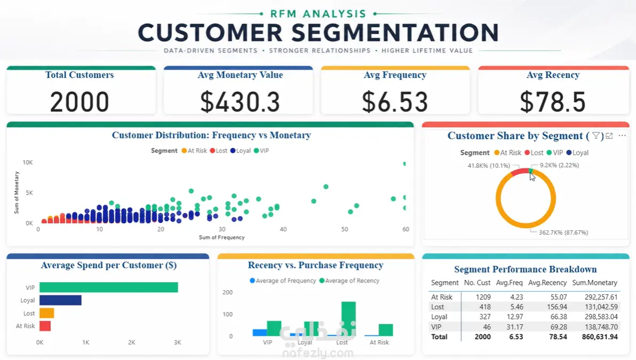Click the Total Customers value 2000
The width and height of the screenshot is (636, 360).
[x=79, y=102]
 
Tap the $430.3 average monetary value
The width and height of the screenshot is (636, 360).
[x=240, y=102]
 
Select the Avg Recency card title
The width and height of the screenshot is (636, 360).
[x=553, y=75]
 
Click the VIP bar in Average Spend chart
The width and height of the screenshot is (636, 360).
[x=109, y=287]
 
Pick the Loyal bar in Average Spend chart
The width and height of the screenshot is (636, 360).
[x=60, y=300]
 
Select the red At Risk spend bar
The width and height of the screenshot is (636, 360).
[x=45, y=326]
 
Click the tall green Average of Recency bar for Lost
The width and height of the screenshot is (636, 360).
[x=348, y=318]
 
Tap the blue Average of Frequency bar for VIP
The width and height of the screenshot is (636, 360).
[x=260, y=333]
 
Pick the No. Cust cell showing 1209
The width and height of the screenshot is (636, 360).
[x=483, y=297]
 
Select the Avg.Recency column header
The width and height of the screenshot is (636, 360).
[x=547, y=283]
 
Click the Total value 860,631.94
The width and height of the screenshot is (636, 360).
[x=600, y=337]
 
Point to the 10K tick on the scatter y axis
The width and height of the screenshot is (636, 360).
[x=28, y=163]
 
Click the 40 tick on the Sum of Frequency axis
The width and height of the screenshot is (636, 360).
[x=283, y=229]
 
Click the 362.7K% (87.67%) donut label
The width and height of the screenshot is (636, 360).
[x=563, y=233]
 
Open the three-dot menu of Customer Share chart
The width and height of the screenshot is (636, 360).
[x=622, y=136]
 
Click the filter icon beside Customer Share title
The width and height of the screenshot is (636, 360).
[x=596, y=136]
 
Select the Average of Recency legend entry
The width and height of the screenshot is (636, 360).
[x=349, y=281]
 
